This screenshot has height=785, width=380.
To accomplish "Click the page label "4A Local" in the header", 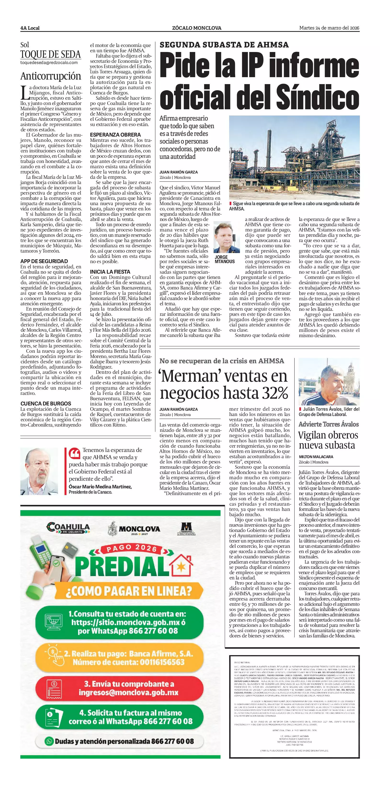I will (30, 28).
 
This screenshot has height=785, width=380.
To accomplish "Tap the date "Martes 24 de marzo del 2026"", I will (329, 28).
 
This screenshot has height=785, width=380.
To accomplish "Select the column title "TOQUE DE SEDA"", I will (51, 55).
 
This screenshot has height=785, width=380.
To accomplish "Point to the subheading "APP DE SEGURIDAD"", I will (44, 261).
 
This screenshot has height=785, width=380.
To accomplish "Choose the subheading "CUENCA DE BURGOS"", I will (46, 404).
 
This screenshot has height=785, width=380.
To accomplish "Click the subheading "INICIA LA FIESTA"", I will (110, 271).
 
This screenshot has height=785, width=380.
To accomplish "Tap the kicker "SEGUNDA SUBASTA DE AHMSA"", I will (224, 45).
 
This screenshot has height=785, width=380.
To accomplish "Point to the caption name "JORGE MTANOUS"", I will (225, 259).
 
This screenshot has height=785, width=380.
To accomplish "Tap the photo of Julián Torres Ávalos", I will (329, 382).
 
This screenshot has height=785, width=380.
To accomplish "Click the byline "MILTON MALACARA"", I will (316, 457).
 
